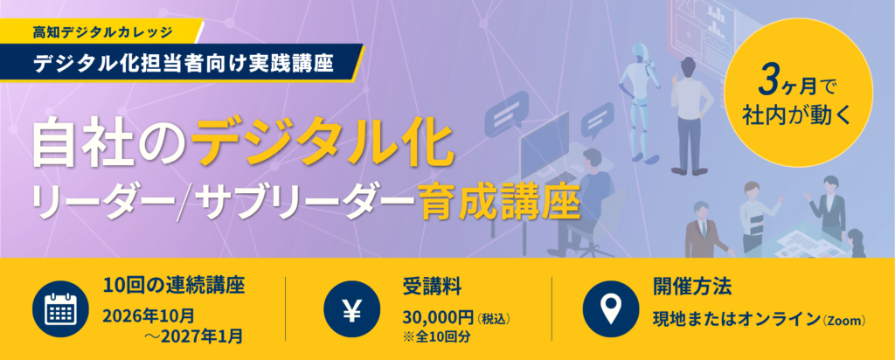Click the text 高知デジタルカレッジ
pyautogui.click(x=103, y=32)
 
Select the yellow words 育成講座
pyautogui.click(x=499, y=204)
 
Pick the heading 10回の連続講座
pyautogui.click(x=174, y=285)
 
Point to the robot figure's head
pyautogui.click(x=639, y=53)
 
